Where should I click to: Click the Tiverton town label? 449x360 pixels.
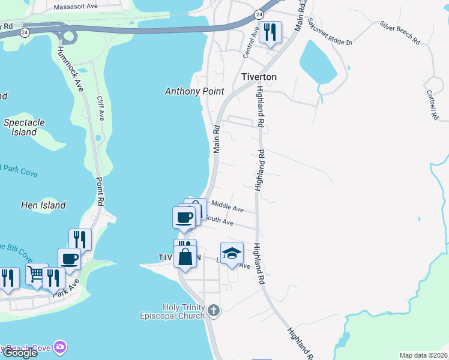pos(259,77)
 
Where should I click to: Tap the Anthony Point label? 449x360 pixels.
pos(194,91)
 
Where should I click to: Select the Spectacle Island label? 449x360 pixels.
pos(24,127)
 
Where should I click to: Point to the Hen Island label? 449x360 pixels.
pos(43,205)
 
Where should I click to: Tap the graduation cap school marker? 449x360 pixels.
pos(232,253)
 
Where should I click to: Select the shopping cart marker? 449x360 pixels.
pos(37,274)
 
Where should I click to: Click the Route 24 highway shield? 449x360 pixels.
pos(258,13)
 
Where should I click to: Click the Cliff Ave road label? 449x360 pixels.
pos(101,108)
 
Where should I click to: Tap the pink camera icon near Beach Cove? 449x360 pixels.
pos(59,347)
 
